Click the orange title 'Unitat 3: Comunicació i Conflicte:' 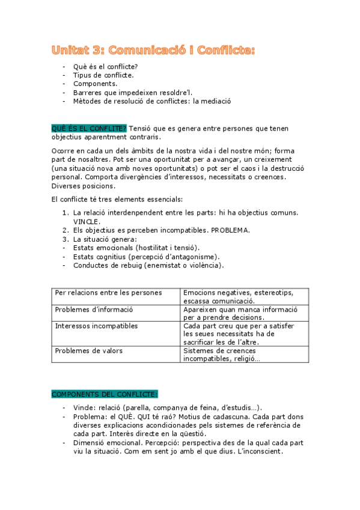153,51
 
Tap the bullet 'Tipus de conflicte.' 103,75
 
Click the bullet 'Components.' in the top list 95,84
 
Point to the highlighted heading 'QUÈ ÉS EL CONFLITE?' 89,128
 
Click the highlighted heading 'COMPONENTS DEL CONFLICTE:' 105,395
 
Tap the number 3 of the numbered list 66,239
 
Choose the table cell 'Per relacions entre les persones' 108,293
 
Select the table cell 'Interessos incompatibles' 96,326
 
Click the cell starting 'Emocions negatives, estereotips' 238,293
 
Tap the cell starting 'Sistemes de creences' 219,350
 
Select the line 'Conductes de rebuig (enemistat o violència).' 148,265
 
